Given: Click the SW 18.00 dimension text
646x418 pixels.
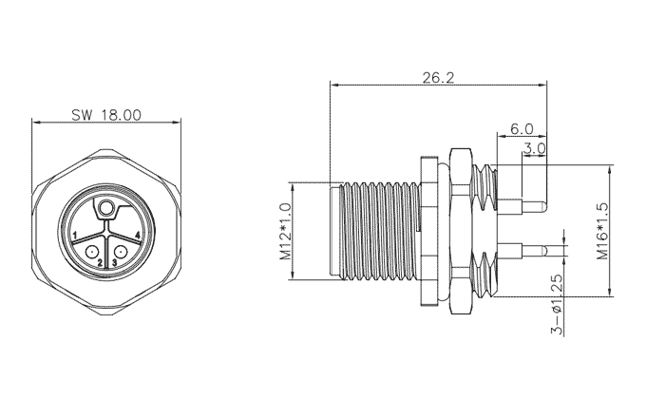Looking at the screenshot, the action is click(106, 115).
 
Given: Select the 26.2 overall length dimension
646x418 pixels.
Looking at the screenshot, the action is click(438, 77).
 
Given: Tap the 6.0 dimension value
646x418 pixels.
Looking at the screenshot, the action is click(522, 129).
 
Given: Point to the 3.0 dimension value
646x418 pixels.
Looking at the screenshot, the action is click(534, 148).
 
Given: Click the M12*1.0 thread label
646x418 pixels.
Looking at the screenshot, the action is click(286, 231).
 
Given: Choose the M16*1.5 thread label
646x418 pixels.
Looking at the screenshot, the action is click(602, 231).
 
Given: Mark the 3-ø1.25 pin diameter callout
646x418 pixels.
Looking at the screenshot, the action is click(557, 304).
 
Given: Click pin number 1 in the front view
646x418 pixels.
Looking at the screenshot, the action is click(75, 236).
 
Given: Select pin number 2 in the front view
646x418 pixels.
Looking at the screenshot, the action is click(100, 262).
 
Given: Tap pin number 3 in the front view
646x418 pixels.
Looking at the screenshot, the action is click(115, 262).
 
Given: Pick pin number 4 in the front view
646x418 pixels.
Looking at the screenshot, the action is click(138, 236).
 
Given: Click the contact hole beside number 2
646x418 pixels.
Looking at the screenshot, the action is click(91, 251).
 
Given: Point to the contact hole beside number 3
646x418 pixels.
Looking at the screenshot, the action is click(121, 251).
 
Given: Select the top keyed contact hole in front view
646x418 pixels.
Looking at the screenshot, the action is click(106, 207).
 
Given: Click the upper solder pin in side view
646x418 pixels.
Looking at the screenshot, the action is click(522, 206).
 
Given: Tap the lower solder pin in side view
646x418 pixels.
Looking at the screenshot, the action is click(522, 251).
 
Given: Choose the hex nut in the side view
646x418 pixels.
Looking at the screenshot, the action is click(461, 232).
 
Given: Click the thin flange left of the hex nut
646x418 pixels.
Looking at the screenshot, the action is click(428, 231).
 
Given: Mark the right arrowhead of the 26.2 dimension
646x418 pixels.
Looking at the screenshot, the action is click(542, 85).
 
